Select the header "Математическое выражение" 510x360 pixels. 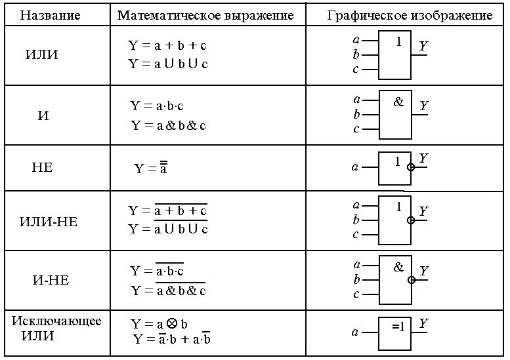[x=205, y=15]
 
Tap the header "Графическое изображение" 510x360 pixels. [x=410, y=15]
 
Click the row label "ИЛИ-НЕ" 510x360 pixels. [x=48, y=222]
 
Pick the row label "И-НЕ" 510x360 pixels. [x=51, y=280]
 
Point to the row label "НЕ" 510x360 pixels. [x=42, y=167]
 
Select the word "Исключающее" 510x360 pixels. [x=56, y=321]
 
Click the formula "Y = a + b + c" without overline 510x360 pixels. [x=167, y=46]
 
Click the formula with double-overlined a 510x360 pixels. [x=151, y=168]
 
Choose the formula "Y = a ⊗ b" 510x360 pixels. [x=159, y=324]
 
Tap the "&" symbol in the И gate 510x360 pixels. [x=398, y=102]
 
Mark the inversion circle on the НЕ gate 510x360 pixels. [x=412, y=167]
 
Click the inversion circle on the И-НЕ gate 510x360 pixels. [x=412, y=279]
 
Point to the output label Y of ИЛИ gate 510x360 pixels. [x=423, y=45]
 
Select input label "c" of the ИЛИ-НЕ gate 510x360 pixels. [x=356, y=234]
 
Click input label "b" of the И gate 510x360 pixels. [x=356, y=114]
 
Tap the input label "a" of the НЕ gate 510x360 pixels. [x=355, y=167]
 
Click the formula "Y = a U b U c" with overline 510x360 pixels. [x=168, y=229]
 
